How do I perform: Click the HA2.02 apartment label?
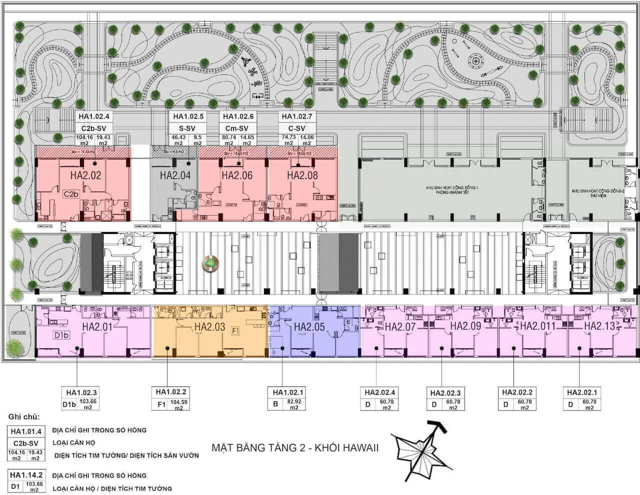pos(85,175)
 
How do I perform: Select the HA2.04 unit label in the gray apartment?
pos(175,175)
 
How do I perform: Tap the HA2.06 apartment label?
pos(237,175)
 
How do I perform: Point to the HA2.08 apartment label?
pos(302,175)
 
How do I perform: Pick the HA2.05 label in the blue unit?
pos(309,326)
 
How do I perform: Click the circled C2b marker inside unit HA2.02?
pos(71,194)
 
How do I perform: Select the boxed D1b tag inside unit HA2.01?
pos(61,335)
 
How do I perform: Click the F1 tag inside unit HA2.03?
pos(235,330)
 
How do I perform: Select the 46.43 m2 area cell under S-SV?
pos(179,139)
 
